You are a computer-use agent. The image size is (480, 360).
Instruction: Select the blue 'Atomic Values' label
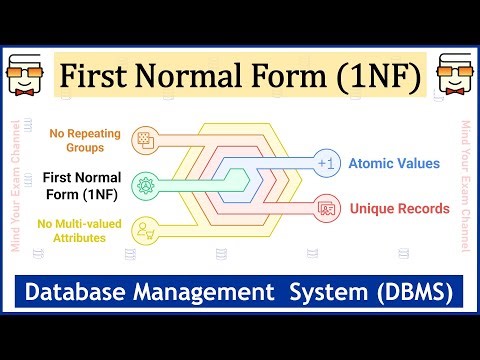[x=393, y=163]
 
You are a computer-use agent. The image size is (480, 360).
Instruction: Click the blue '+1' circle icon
[x=323, y=163]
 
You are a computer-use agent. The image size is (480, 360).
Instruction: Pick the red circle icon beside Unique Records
[x=323, y=209]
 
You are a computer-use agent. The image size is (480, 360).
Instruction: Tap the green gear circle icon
[x=148, y=186]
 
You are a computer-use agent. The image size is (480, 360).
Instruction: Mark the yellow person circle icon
[x=148, y=229]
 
